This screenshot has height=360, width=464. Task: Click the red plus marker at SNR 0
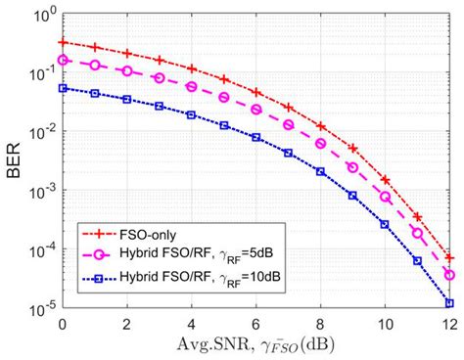tap(63, 42)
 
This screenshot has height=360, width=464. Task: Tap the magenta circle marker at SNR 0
tap(63, 60)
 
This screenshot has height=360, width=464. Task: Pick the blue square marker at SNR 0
tap(63, 88)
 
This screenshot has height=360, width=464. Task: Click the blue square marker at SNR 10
tap(385, 224)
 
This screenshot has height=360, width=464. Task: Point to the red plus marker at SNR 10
tap(385, 180)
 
